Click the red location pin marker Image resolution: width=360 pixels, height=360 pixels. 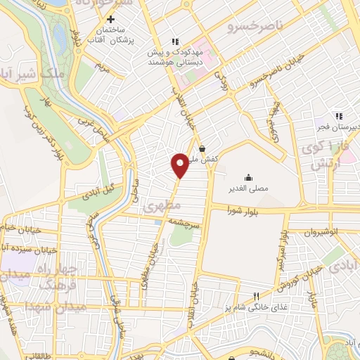click(x=180, y=165)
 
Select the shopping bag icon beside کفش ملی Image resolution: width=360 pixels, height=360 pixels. click(x=202, y=148)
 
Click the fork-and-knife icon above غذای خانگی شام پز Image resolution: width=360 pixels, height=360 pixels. click(x=256, y=297)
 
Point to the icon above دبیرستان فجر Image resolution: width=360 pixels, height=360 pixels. click(x=339, y=116)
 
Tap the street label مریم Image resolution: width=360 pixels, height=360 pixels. click(x=102, y=69)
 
